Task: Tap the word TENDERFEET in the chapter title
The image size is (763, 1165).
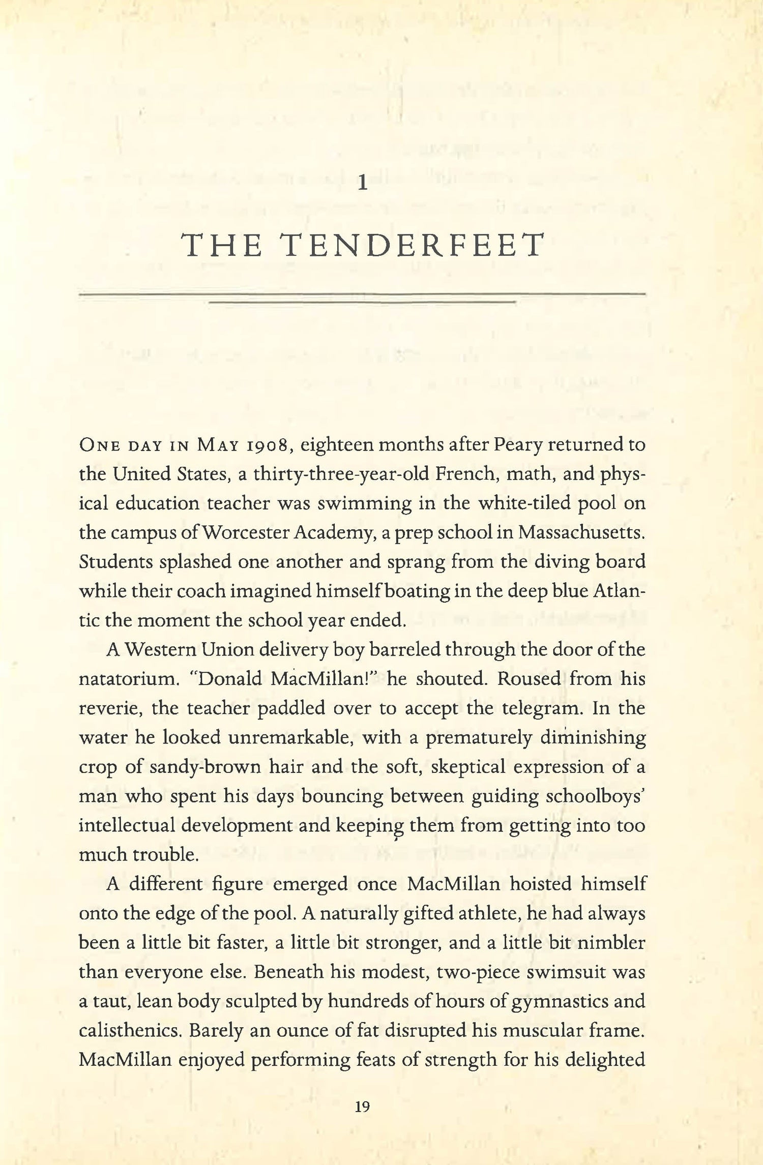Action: [x=413, y=246]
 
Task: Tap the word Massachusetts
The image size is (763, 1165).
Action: [x=581, y=532]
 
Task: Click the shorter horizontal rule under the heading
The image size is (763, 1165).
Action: [x=362, y=302]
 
